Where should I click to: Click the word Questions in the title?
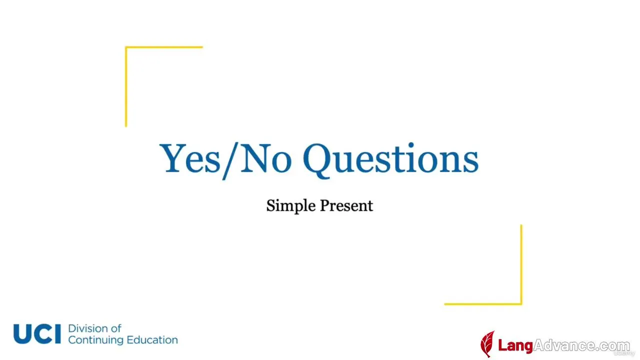point(390,160)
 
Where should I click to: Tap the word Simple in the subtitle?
point(291,206)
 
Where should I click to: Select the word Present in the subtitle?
point(346,205)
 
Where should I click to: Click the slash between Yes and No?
point(229,161)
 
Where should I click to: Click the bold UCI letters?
point(37,333)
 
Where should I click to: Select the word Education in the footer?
point(152,340)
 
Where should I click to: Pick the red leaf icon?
point(487,344)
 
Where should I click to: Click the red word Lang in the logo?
point(515,345)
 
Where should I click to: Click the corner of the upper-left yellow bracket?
point(126,47)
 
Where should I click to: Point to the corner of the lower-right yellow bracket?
point(521,304)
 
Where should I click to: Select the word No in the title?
point(266,158)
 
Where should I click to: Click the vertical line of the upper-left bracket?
point(126,86)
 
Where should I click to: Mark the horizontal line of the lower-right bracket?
point(483,304)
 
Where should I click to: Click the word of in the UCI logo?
point(115,328)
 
